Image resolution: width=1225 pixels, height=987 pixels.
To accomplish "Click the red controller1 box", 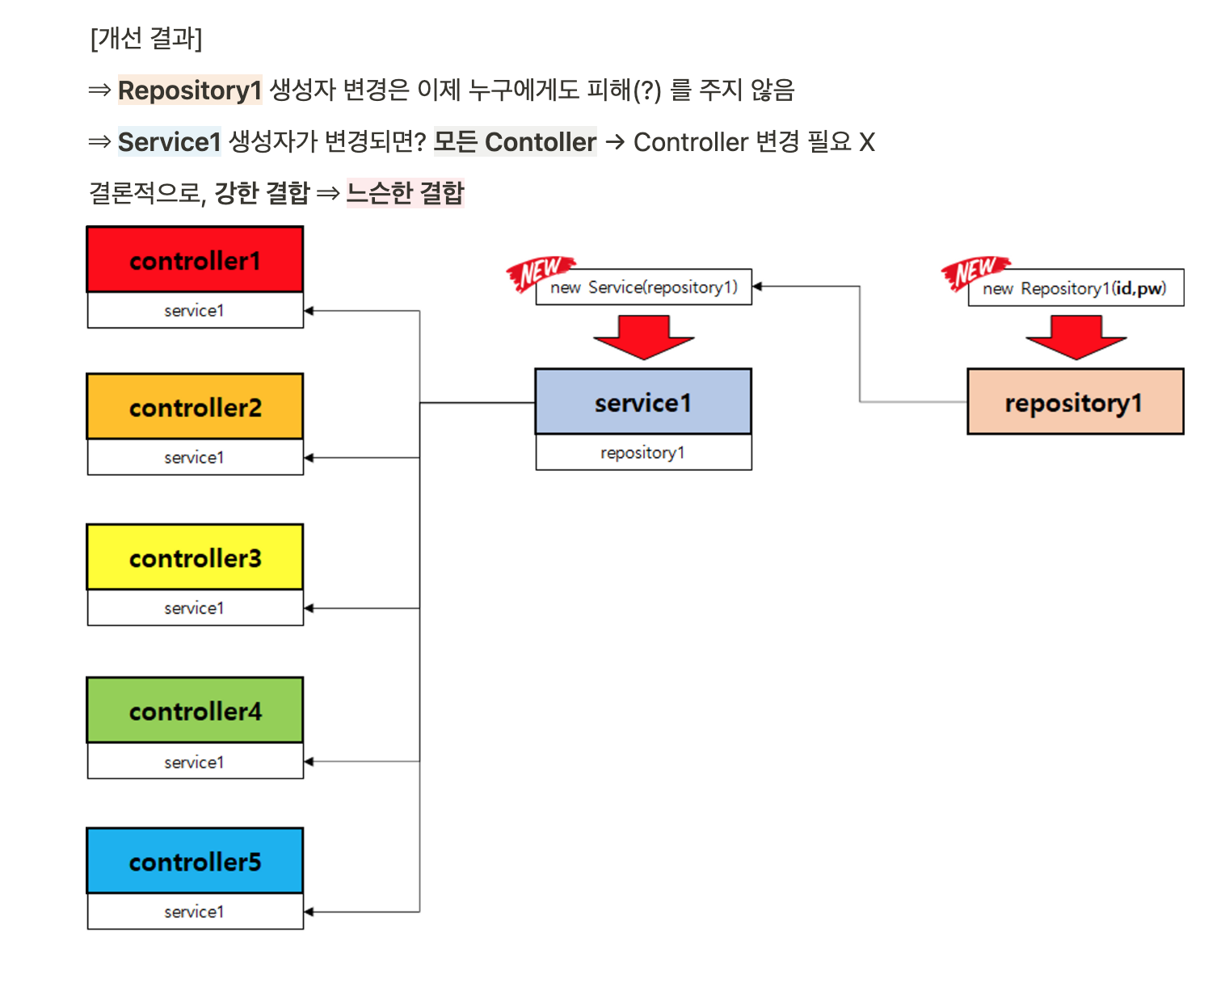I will click(195, 259).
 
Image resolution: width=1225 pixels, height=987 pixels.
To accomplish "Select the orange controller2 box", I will click(195, 406).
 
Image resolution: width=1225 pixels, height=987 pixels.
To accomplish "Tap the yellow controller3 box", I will click(195, 557).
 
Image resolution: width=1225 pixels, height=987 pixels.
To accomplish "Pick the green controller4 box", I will click(195, 710).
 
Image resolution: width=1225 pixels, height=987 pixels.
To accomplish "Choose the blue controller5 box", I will click(195, 861).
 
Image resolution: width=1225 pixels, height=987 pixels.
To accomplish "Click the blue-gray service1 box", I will click(643, 401).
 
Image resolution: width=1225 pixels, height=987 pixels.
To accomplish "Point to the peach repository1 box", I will click(1075, 401).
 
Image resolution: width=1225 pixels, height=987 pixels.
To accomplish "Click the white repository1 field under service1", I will click(643, 452).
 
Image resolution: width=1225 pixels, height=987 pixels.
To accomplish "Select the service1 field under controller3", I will click(195, 607).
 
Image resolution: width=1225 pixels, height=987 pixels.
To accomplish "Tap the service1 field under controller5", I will click(195, 911).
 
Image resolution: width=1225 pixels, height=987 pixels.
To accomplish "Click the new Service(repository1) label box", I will click(645, 288).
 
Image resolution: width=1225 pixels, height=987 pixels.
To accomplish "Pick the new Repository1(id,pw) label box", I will click(1076, 288).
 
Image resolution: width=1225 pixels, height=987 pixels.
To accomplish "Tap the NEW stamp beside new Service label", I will click(538, 272).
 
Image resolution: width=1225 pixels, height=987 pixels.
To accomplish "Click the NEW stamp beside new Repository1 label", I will click(973, 272).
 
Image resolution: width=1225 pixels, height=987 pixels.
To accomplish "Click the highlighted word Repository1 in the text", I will click(190, 90).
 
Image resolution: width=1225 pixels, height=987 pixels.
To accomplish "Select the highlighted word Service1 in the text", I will click(169, 142).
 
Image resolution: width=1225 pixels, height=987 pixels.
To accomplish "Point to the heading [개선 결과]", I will click(146, 38).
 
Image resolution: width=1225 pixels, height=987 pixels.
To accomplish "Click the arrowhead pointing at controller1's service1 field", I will click(309, 310).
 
